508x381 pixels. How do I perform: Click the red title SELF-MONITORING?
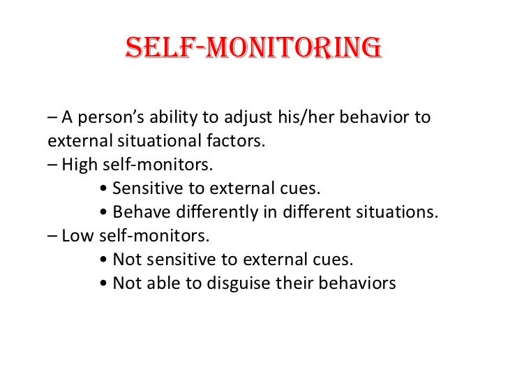253,49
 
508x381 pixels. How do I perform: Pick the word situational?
154,141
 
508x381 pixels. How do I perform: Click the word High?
78,165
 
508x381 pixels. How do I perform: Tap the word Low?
77,236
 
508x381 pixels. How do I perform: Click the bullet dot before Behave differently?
104,213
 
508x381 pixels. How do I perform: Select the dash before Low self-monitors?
52,236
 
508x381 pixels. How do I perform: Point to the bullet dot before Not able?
104,284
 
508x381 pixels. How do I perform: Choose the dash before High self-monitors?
52,165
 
